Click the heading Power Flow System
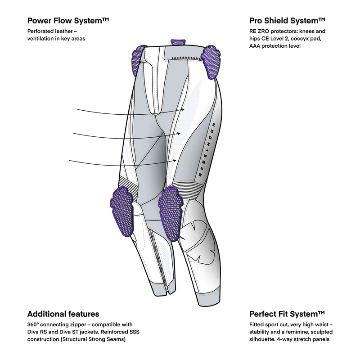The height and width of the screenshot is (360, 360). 69,21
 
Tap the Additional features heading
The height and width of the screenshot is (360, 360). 63,314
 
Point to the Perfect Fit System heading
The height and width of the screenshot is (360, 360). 287,314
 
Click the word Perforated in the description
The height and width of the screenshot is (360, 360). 41,31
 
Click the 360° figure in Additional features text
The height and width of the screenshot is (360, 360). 34,324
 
